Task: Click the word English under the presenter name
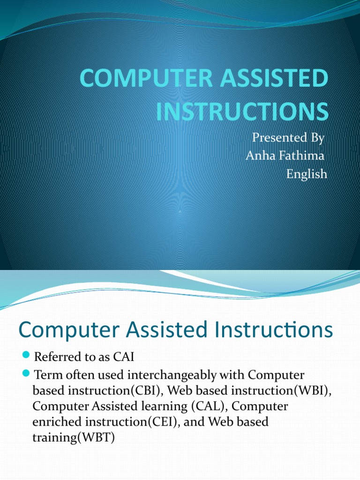click(307, 174)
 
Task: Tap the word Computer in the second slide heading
click(62, 331)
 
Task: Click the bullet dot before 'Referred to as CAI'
click(26, 357)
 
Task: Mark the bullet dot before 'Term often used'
click(26, 375)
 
